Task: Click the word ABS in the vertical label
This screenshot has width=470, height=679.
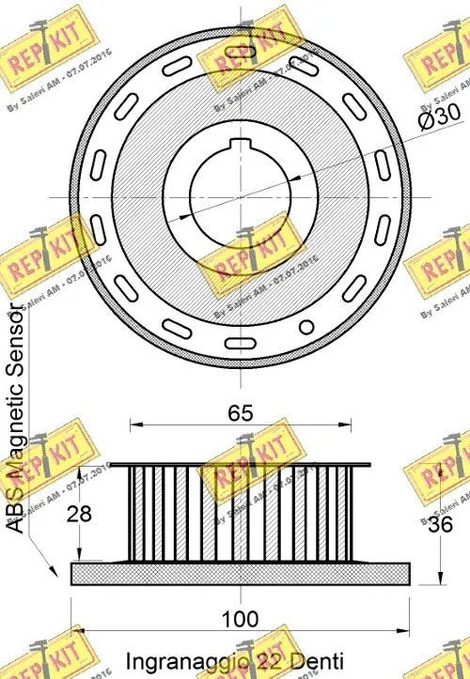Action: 16,512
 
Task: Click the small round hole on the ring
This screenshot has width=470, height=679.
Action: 305,327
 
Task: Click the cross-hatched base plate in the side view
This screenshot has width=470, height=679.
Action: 241,573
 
